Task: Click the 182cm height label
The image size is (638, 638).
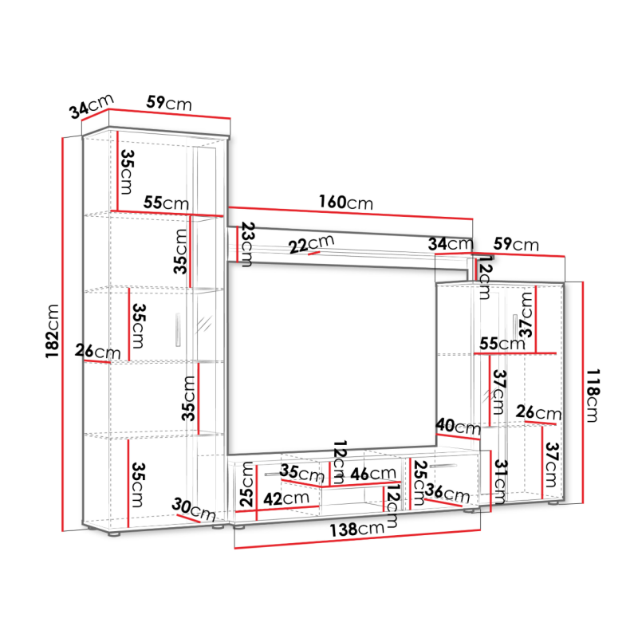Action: pos(53,331)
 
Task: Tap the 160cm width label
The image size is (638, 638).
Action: pos(345,203)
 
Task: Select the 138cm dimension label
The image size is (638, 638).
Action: pos(356,530)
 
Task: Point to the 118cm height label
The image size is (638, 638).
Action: pos(593,396)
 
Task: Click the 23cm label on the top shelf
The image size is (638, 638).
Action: pos(247,244)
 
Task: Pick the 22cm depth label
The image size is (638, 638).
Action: pos(311,245)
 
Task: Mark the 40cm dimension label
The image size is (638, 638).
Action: pos(458,427)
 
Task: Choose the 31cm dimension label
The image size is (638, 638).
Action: pos(501,482)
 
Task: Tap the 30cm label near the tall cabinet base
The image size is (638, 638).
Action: pos(193,510)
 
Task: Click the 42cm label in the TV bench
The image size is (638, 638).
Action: pos(286,498)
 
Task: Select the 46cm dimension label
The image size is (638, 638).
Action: pos(372,474)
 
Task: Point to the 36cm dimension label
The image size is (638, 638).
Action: pos(447,493)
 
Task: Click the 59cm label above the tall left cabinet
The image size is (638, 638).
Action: pos(169,103)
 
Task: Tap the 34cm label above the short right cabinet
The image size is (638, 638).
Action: pos(451,244)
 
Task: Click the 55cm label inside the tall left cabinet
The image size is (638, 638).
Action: pos(166,203)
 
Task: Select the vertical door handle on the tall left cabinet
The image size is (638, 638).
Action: pos(178,329)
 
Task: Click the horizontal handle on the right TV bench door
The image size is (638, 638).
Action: pos(443,466)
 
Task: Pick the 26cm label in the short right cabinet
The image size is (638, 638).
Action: pos(538,412)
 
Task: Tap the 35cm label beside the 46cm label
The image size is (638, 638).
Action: pos(301,472)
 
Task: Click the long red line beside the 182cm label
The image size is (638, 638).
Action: pos(63,334)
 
